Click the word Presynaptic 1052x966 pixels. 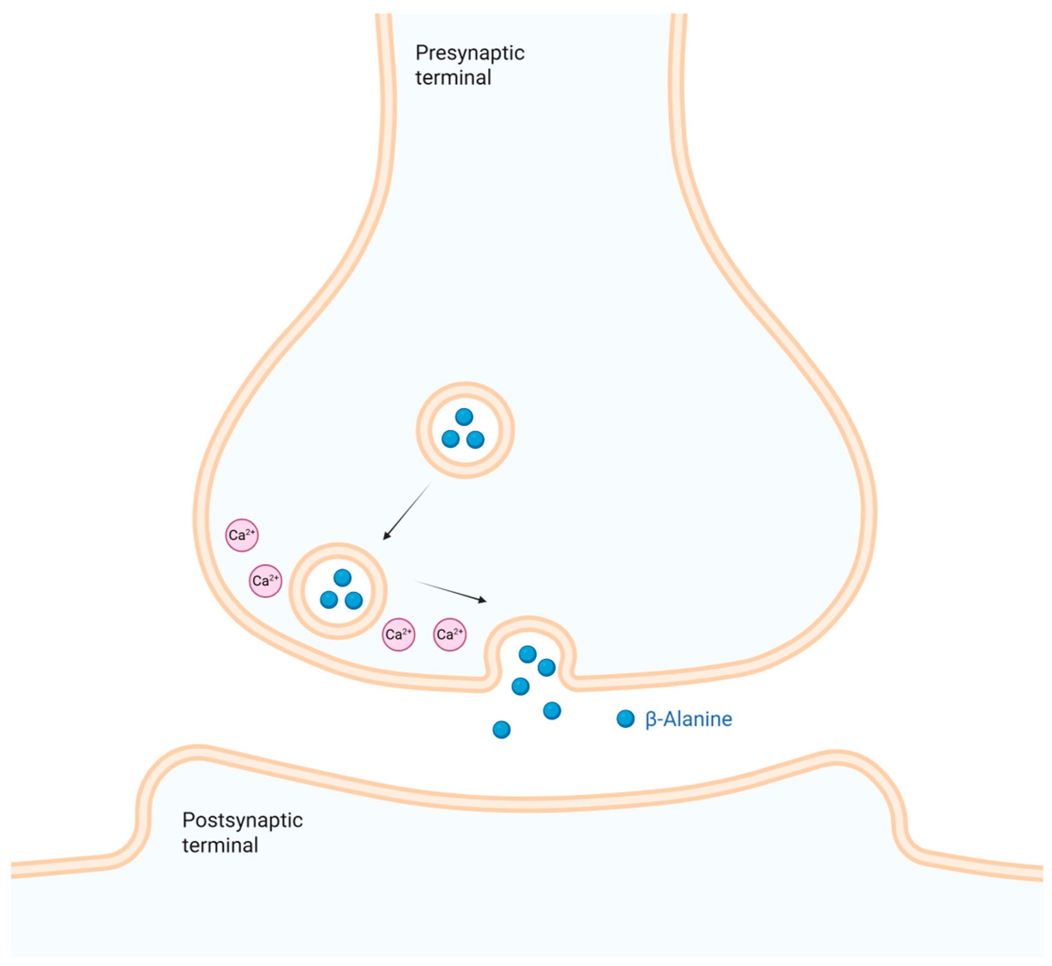tap(469, 53)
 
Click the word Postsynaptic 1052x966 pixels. tap(242, 820)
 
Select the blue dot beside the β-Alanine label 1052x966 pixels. tap(625, 719)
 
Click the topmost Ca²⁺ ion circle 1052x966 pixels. tap(242, 535)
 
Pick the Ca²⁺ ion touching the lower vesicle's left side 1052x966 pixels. tap(265, 581)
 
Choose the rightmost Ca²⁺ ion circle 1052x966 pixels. tap(450, 635)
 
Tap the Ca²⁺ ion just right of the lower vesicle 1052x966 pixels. tap(398, 635)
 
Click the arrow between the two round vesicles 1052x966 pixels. tap(408, 510)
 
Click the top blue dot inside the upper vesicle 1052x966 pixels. tap(464, 417)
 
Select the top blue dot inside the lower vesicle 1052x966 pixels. tap(342, 578)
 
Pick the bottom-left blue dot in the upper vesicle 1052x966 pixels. tap(450, 439)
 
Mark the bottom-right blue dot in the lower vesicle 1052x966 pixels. tap(354, 601)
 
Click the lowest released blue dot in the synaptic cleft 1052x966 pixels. tap(501, 729)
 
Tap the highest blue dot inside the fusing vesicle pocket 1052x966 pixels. tap(527, 654)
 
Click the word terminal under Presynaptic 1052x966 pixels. tap(453, 78)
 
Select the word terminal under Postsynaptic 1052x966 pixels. tap(220, 845)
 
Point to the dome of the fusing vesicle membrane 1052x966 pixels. tap(529, 621)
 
